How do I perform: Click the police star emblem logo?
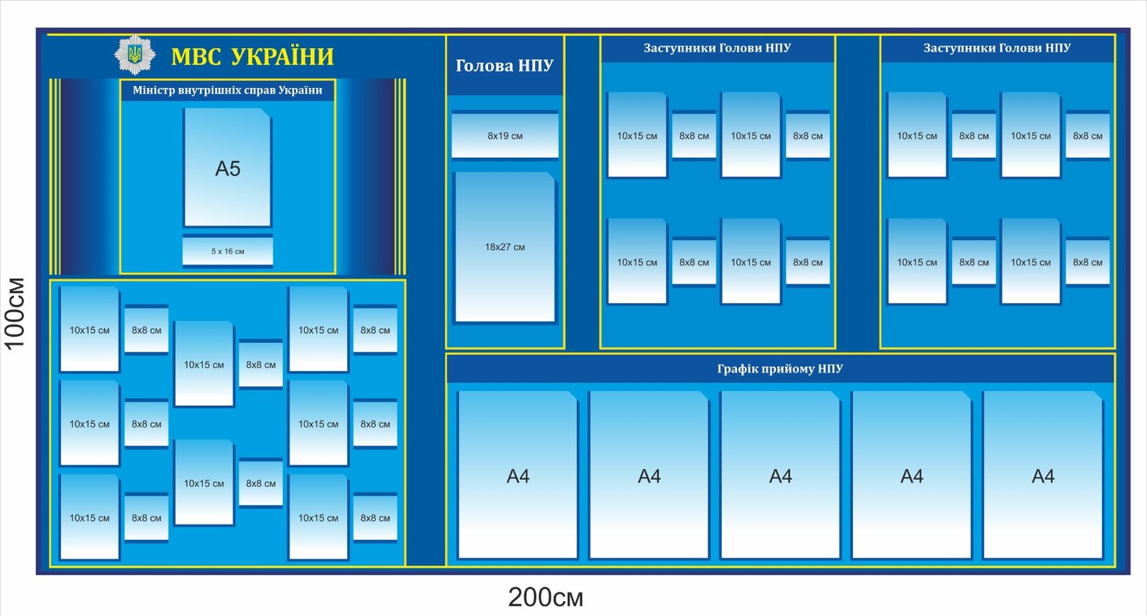134,54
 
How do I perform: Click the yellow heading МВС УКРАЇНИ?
252,57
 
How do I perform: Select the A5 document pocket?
228,168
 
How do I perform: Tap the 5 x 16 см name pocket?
228,251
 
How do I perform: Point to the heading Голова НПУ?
505,66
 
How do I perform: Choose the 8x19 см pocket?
505,135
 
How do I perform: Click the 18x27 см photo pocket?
505,247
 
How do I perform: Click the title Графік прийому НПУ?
780,369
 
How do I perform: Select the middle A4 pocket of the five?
780,476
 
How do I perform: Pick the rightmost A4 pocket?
1042,476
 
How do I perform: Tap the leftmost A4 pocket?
518,476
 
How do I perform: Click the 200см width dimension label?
546,597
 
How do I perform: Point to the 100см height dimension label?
16,313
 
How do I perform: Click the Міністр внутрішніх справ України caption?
227,90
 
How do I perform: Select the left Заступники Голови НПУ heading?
717,48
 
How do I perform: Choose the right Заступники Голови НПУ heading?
996,48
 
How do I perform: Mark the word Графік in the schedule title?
737,369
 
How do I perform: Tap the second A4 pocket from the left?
649,476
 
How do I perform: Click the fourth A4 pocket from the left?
911,476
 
